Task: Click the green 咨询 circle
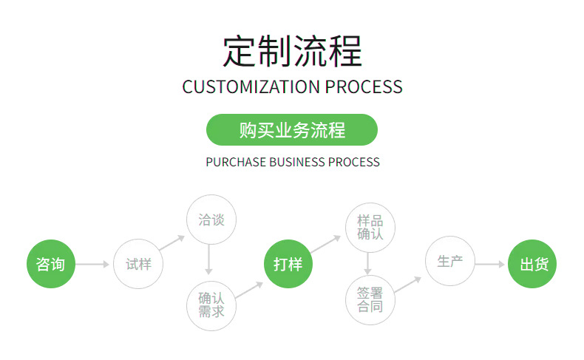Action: (51, 264)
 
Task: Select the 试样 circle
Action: (138, 264)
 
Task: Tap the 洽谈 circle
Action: (211, 220)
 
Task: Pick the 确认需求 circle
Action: (211, 305)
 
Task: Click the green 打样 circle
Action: (288, 264)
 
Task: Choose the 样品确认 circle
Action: (370, 228)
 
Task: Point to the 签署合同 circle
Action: (370, 299)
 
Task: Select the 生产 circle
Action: (449, 261)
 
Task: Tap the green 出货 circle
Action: (532, 264)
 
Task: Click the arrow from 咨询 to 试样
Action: (93, 264)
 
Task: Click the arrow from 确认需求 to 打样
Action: (250, 289)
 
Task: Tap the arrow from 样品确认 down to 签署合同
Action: (367, 263)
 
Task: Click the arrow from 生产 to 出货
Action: (489, 264)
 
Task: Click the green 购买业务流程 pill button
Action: (292, 130)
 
